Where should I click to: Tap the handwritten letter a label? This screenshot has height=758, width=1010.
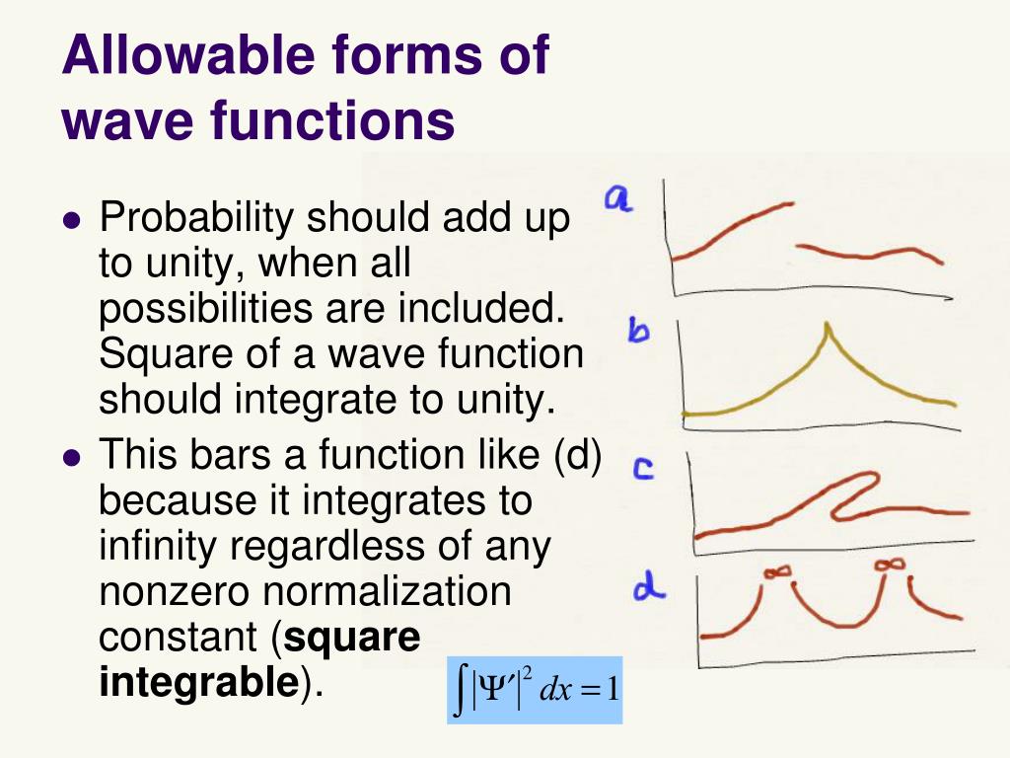619,199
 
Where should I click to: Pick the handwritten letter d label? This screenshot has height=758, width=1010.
648,589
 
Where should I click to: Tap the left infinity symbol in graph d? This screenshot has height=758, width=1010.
777,570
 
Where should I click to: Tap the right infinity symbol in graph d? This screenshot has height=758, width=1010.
891,564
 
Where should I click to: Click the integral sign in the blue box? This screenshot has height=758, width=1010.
461,689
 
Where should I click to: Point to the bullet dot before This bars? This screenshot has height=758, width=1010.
70,458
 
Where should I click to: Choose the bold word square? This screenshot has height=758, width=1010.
352,638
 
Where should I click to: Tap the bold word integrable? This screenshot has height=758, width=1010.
198,682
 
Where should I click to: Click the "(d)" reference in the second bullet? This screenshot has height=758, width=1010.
578,456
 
